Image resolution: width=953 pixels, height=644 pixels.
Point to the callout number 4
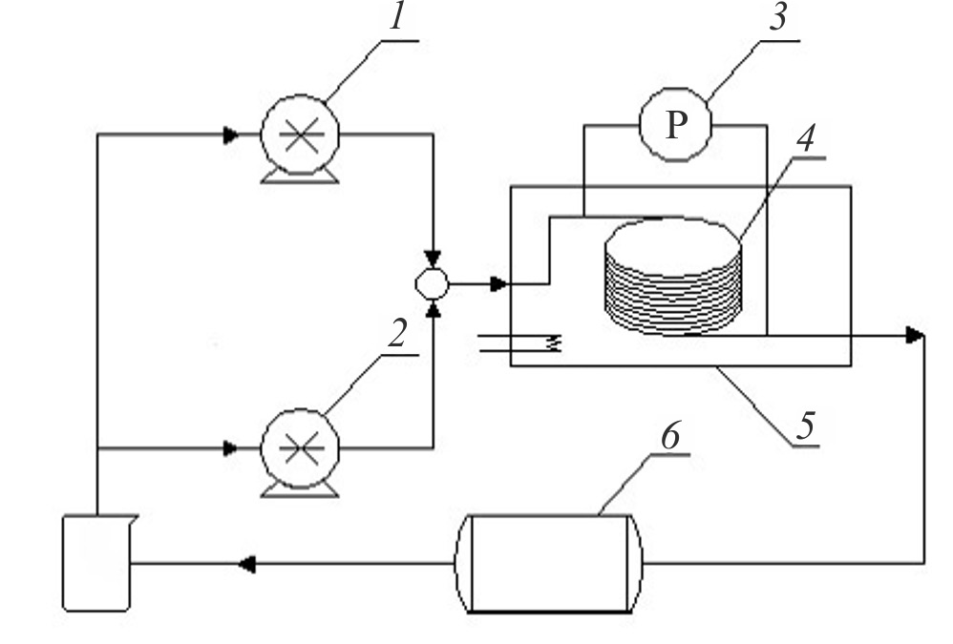[x=806, y=139]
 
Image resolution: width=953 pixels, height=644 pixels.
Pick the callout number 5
[x=806, y=426]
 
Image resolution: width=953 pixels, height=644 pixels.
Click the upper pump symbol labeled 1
[x=299, y=135]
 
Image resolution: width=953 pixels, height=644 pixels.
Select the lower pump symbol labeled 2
[x=299, y=446]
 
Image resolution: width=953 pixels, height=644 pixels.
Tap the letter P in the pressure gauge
[x=676, y=126]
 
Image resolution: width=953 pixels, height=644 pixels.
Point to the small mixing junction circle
[x=433, y=283]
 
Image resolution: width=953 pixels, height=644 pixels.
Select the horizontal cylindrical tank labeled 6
[x=549, y=564]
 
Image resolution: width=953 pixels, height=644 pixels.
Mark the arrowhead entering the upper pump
[x=230, y=135]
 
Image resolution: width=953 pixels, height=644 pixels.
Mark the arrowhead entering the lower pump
[x=230, y=446]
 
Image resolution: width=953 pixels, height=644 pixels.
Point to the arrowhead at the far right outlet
[x=914, y=335]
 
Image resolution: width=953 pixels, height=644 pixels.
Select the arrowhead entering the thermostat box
[x=498, y=283]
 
